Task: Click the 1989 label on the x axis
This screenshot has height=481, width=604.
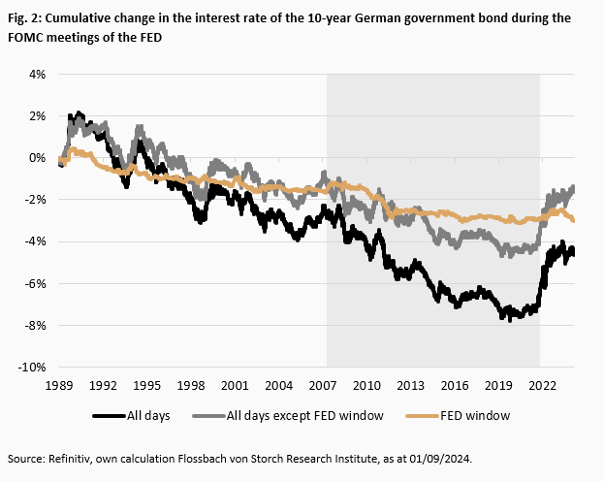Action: (60, 385)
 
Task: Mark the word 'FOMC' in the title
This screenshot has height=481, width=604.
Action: (27, 36)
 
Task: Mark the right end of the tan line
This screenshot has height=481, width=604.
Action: (574, 220)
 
